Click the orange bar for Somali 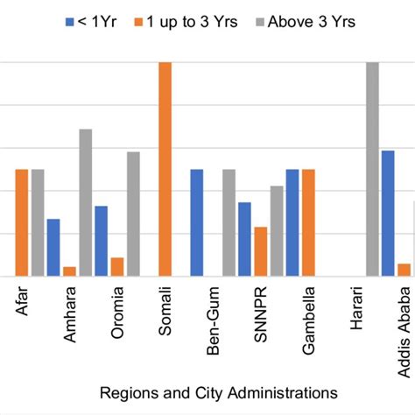165,169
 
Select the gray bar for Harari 372,169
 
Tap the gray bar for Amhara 86,202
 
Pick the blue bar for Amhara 53,247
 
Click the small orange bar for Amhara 70,271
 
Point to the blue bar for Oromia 102,241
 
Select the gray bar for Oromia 133,214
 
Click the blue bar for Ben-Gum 197,222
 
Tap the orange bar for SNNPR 261,251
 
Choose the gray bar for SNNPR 277,231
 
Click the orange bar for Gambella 308,222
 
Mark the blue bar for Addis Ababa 388,213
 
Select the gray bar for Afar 38,222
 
